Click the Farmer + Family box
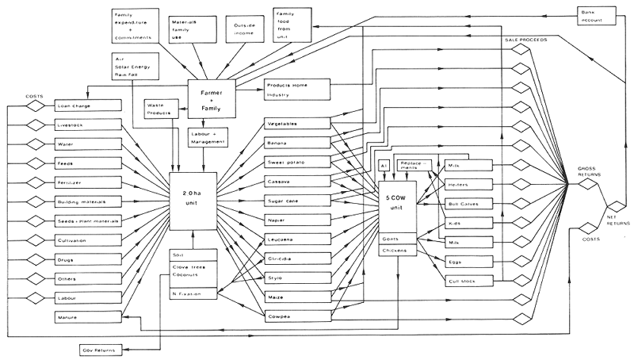click(x=212, y=98)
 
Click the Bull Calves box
click(x=469, y=203)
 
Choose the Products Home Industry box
click(x=295, y=90)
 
